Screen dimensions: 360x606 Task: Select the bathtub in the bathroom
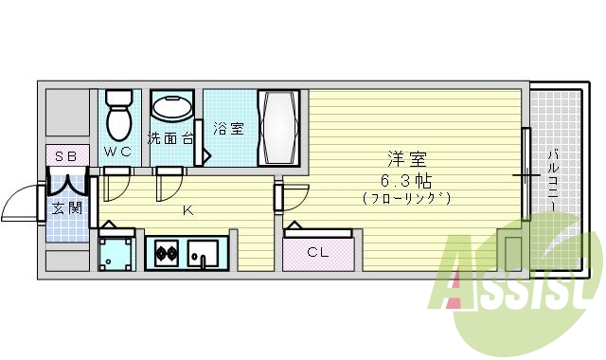click(x=280, y=128)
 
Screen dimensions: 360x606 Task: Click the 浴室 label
click(x=228, y=129)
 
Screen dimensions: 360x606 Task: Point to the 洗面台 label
click(x=170, y=138)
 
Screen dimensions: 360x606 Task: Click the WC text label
click(x=118, y=153)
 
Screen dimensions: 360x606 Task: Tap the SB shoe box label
click(x=65, y=155)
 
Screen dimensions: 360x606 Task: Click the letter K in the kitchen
click(x=187, y=210)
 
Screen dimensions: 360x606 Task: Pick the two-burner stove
click(x=167, y=253)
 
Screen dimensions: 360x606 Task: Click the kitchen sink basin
click(x=202, y=254)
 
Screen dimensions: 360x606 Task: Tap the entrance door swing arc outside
click(x=19, y=201)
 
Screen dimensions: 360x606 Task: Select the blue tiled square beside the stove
click(x=118, y=252)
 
